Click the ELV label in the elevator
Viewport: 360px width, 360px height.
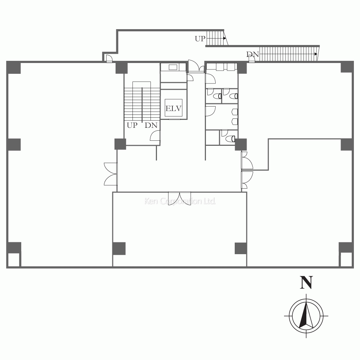click(x=174, y=108)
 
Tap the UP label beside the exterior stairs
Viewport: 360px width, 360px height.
click(x=200, y=39)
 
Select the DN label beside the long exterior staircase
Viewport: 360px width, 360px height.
click(x=253, y=54)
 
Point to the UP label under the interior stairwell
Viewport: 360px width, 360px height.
click(x=132, y=125)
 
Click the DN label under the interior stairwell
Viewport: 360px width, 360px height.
click(x=151, y=125)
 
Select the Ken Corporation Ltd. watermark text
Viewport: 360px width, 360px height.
click(x=180, y=201)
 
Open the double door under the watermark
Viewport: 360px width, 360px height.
click(x=180, y=198)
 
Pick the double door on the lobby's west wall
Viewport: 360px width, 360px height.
click(x=111, y=174)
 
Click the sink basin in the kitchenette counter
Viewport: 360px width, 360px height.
click(x=173, y=67)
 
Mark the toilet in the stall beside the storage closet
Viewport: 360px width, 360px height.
click(x=230, y=139)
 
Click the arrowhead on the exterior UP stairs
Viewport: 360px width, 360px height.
click(x=225, y=38)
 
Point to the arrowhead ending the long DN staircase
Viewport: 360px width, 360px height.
click(x=316, y=54)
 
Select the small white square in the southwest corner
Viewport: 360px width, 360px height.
click(x=14, y=260)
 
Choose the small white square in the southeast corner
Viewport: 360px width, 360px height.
click(x=346, y=259)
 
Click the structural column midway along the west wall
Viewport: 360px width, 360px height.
click(x=14, y=144)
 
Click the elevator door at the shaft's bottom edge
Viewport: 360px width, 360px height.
click(x=174, y=119)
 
